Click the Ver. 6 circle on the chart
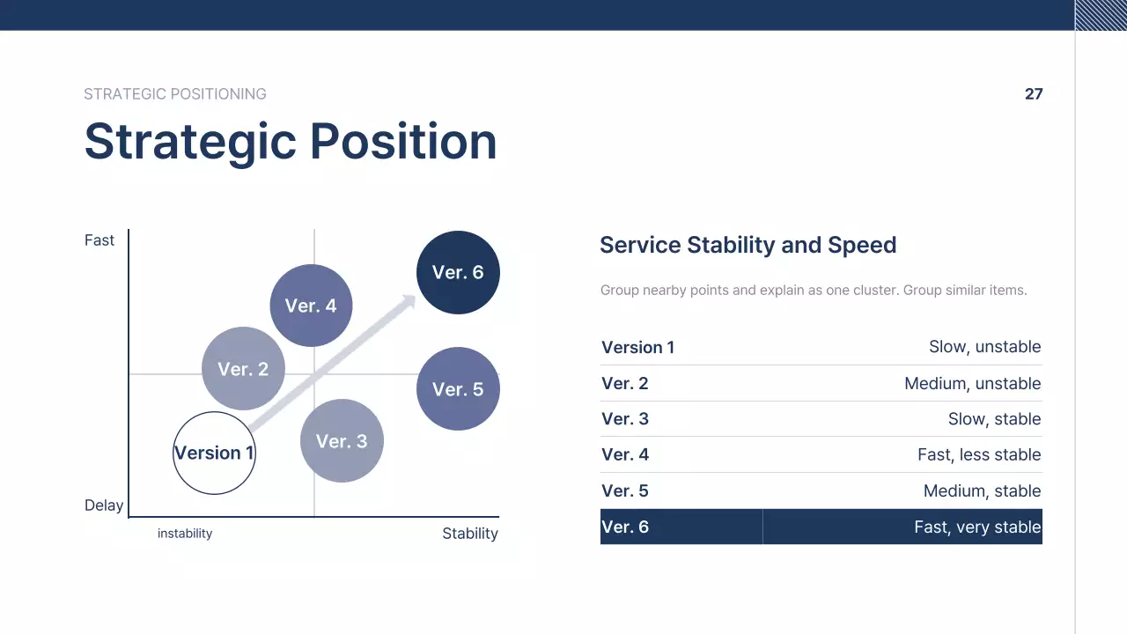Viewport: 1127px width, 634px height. (458, 272)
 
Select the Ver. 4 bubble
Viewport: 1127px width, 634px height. (311, 306)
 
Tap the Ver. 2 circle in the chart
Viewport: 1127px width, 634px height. (243, 369)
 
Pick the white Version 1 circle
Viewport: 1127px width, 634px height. (214, 453)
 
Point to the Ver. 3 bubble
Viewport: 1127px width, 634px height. (342, 441)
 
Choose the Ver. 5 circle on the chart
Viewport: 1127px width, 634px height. (458, 389)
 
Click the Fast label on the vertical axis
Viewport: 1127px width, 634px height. (99, 240)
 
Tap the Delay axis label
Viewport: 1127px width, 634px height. (104, 505)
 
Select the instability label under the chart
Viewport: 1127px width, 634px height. (185, 534)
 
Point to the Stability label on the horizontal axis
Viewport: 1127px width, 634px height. (470, 534)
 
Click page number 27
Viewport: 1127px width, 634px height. (1034, 94)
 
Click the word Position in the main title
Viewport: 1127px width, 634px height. (403, 141)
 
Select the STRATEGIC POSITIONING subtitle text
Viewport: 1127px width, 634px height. (175, 94)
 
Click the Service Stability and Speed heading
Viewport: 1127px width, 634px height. (748, 245)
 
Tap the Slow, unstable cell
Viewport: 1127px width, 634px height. (984, 347)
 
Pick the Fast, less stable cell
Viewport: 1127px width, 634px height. (979, 455)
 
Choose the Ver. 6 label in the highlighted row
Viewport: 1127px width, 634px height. (625, 527)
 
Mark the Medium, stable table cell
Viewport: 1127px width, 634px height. (982, 491)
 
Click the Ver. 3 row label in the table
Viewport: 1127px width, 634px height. (625, 419)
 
